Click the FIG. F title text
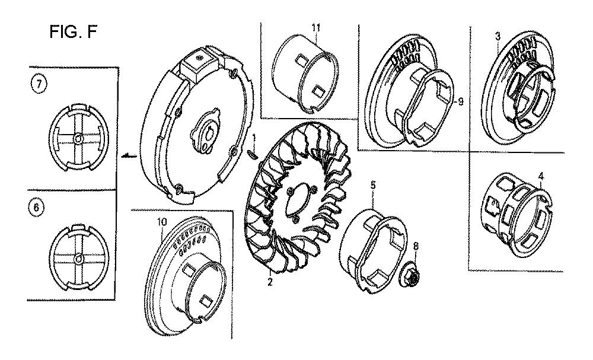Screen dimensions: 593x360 tap(73, 32)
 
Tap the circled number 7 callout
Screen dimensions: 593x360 tap(37, 85)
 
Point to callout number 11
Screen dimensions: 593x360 tap(316, 27)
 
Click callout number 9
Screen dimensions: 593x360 tap(460, 102)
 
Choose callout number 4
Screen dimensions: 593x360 tap(541, 176)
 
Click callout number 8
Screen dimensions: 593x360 tap(416, 247)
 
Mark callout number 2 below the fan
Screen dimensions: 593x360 tap(270, 282)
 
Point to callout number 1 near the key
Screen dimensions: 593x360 tap(254, 137)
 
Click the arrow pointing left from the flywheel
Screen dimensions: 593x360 tap(129, 155)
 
